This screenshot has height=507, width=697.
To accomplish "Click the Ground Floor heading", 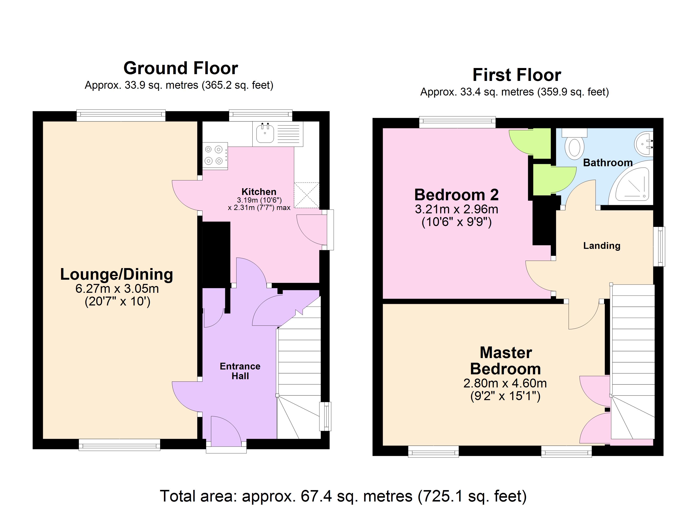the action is coord(181,68).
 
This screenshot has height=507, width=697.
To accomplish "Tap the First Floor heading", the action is coord(517,75).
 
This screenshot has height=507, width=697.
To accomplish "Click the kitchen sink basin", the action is coord(265,133).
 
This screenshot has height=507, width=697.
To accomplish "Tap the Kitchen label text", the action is coord(259,192).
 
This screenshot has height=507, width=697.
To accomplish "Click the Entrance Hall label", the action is coord(240,371).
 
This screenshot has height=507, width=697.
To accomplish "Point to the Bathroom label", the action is coord(608,163).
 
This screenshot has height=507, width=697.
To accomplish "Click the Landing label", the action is coord(602,246).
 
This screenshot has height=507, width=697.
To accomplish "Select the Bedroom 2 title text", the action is coord(456,195).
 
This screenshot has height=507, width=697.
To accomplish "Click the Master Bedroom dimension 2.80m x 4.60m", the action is coord(505,383).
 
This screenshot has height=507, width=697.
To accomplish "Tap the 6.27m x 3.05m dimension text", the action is coord(117,289).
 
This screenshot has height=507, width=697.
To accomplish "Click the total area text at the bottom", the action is coord(343,496).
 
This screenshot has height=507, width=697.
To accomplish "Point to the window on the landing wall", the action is coord(659,246).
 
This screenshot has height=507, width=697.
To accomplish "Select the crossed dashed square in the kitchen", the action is coord(307,195).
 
